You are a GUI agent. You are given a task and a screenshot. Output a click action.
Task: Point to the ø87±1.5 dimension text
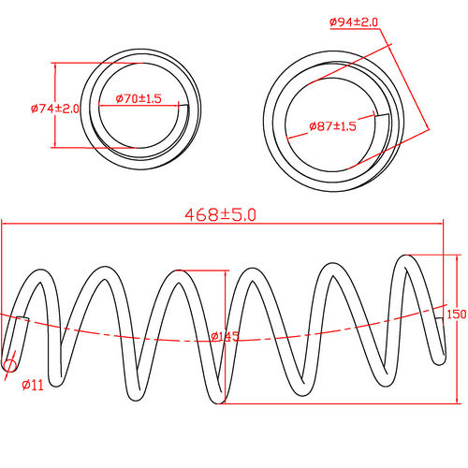[x=333, y=125]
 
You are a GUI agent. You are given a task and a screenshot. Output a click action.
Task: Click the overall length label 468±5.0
[x=221, y=214]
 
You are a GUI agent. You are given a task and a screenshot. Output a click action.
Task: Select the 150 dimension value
[x=456, y=314]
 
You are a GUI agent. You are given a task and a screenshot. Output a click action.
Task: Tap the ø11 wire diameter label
[x=33, y=385]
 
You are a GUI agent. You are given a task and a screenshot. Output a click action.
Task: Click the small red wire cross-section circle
[x=10, y=366]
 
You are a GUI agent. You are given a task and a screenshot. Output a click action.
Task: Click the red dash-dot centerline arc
[x=140, y=336]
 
